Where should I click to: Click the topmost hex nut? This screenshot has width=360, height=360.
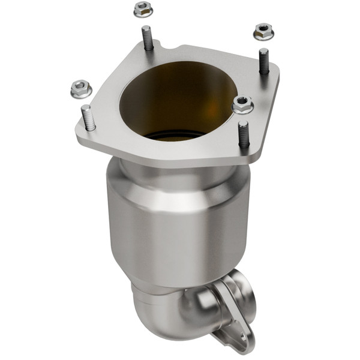[142, 9]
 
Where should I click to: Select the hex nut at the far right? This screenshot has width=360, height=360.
[263, 31]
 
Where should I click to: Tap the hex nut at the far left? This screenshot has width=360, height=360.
[80, 89]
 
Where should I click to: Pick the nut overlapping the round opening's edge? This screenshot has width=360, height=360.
[242, 105]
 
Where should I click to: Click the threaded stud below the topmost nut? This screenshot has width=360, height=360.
[146, 38]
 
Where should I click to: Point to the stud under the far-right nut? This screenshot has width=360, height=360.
[263, 61]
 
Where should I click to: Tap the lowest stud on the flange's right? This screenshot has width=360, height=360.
[243, 134]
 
